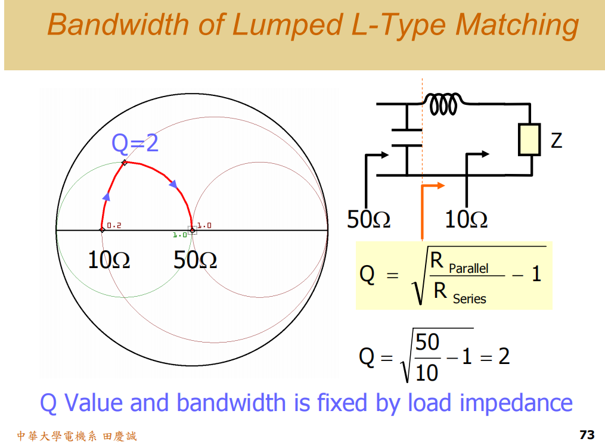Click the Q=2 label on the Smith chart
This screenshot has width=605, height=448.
(x=135, y=143)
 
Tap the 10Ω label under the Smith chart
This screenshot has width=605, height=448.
(x=108, y=260)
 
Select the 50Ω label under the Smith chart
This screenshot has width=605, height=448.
(x=195, y=260)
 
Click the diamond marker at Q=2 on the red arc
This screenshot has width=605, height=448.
(x=124, y=163)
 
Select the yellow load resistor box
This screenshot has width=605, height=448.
(x=529, y=139)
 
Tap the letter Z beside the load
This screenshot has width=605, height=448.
(x=556, y=141)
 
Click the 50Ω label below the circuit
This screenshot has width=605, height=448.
(x=369, y=220)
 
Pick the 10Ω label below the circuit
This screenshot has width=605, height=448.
(x=466, y=220)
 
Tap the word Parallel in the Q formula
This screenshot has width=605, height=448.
(x=469, y=269)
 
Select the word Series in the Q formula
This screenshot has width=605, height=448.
(x=469, y=299)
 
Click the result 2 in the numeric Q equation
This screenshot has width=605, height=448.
(x=504, y=356)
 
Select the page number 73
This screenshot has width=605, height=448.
(x=587, y=435)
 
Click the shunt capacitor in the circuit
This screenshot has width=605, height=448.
(x=407, y=136)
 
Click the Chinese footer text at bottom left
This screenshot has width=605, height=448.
(x=76, y=436)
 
